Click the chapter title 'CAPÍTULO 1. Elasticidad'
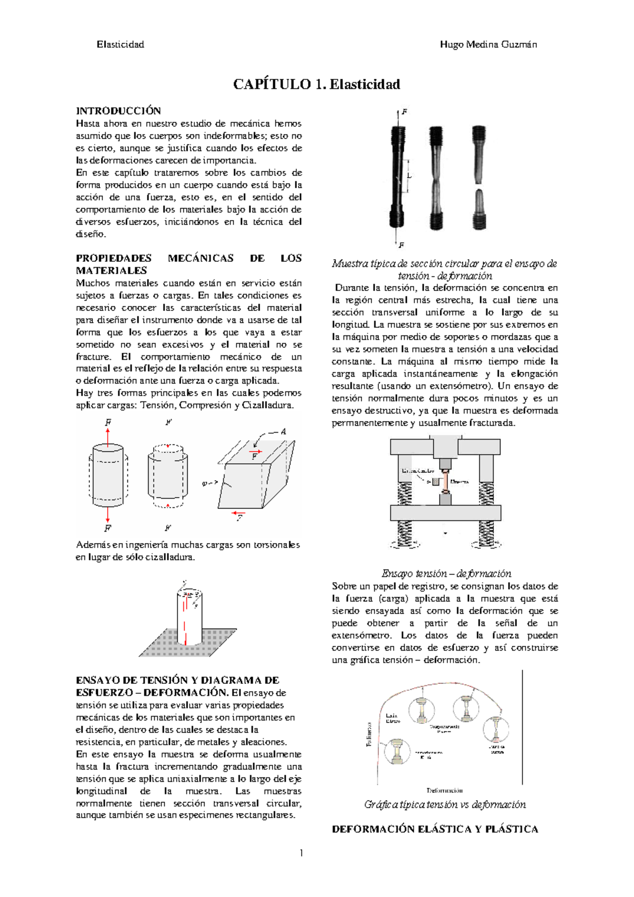[316, 84]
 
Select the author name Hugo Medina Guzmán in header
[488, 44]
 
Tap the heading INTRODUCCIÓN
[118, 111]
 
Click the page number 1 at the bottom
[301, 853]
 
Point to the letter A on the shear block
[283, 432]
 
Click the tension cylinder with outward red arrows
[108, 474]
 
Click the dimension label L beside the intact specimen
[409, 176]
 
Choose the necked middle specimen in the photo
[436, 177]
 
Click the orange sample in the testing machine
[445, 482]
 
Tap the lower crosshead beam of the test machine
[445, 512]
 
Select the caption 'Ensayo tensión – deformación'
[446, 574]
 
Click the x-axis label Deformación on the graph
[444, 790]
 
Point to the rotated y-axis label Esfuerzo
[369, 734]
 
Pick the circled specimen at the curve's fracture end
[497, 730]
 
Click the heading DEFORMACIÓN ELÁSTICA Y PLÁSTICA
[434, 829]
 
